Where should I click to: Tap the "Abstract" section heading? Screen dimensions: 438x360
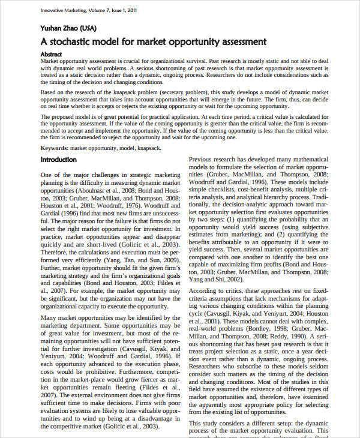pyautogui.click(x=54, y=53)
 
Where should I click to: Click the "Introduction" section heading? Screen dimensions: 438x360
pyautogui.click(x=58, y=160)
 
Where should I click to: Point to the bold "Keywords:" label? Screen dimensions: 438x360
pyautogui.click(x=54, y=148)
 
